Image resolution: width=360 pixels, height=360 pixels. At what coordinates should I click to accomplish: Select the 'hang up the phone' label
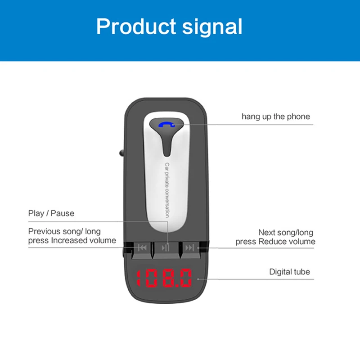(x=275, y=117)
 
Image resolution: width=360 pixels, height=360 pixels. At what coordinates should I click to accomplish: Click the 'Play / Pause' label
(x=51, y=213)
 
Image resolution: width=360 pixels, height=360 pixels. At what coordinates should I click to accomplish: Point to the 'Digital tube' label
(x=289, y=272)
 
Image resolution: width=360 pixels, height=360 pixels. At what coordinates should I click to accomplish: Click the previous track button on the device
(x=142, y=247)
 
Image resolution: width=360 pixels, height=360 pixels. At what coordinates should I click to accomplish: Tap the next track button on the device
(x=190, y=247)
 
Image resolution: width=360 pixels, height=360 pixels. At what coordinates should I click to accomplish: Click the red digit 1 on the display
(x=139, y=279)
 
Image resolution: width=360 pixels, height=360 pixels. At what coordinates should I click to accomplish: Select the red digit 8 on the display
(x=167, y=279)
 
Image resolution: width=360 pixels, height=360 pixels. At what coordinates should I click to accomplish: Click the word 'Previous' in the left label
(x=45, y=232)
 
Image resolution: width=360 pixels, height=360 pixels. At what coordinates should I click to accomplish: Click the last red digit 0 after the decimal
(x=185, y=279)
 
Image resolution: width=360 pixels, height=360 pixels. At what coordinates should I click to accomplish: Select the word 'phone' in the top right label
(x=299, y=117)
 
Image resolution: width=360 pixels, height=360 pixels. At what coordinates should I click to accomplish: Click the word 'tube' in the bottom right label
(x=302, y=272)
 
